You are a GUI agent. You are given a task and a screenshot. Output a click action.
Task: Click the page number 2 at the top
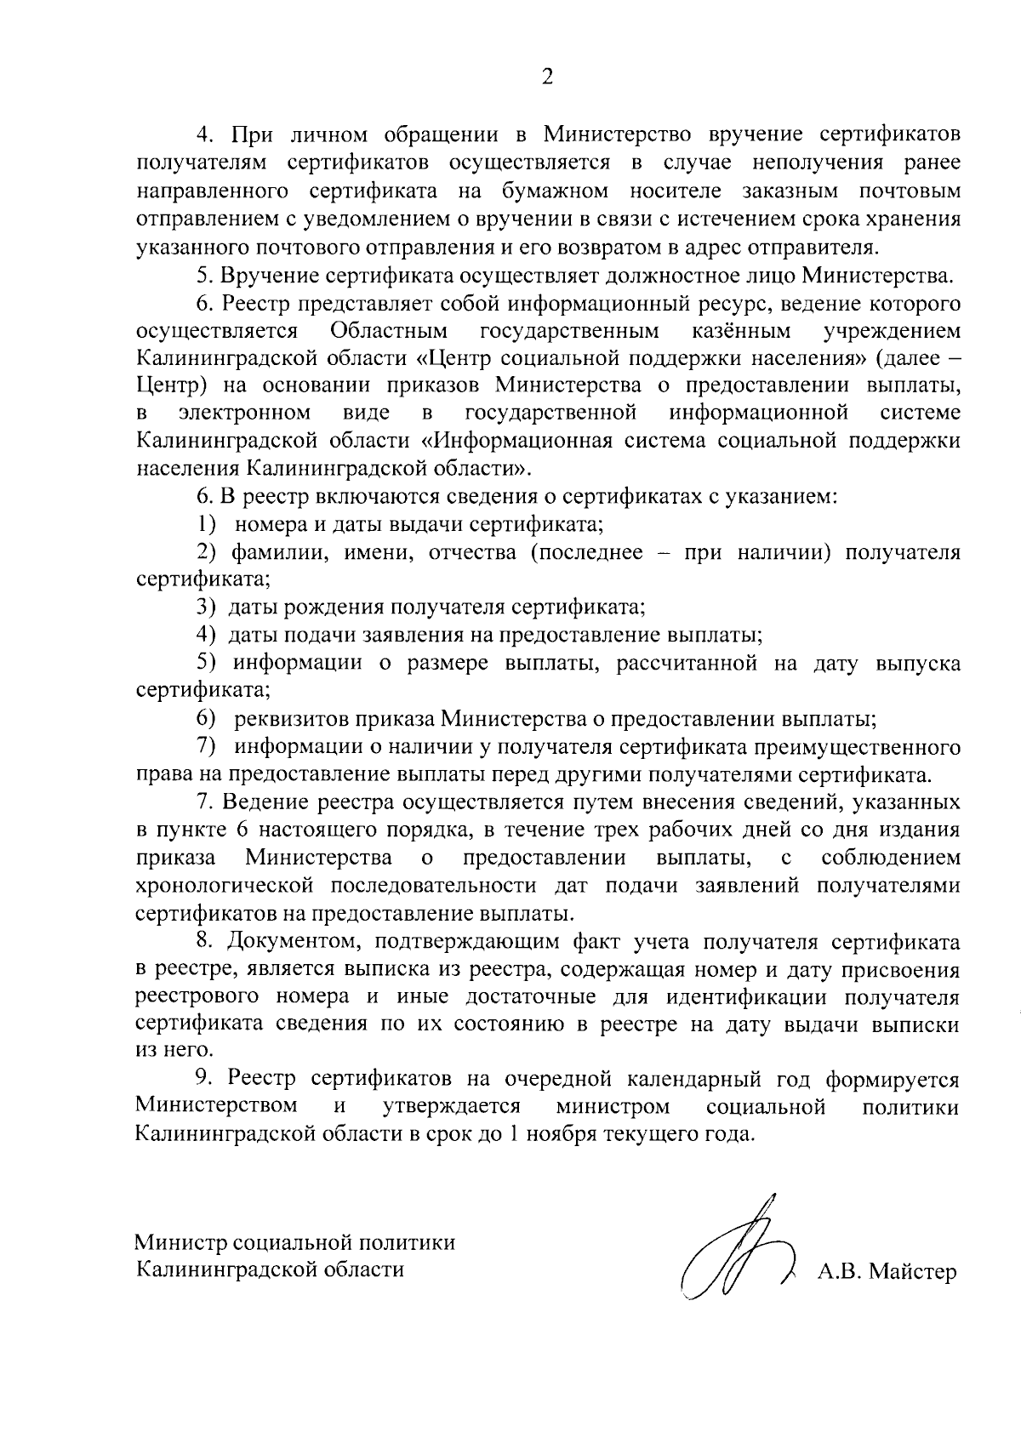tap(547, 77)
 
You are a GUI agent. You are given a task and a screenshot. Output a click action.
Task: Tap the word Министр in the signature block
tap(176, 1242)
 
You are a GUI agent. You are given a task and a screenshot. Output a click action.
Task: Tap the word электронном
tap(244, 414)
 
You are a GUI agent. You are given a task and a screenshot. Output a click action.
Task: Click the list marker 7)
tap(209, 747)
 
